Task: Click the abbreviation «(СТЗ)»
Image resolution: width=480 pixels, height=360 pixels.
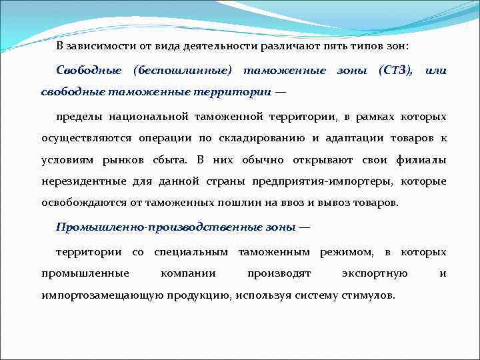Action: (x=395, y=71)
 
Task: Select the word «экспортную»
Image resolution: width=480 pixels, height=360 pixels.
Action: (x=375, y=273)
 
